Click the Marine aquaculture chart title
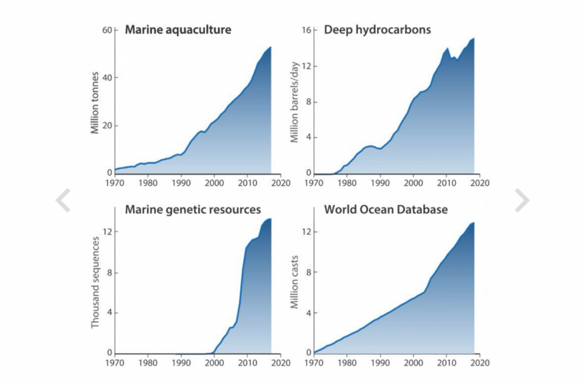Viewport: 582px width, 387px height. tap(178, 30)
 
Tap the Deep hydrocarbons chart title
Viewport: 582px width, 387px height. tap(377, 30)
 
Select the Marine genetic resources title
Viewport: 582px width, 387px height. tap(193, 210)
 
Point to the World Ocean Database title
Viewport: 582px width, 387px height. tap(385, 210)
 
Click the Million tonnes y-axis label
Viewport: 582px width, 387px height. tap(95, 103)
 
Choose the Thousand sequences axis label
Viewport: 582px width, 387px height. tap(95, 282)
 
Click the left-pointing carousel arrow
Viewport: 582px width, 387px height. tap(63, 200)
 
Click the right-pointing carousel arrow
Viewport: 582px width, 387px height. tap(521, 200)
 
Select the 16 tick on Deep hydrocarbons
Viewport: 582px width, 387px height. tap(305, 30)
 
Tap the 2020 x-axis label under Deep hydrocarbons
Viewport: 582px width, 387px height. tap(480, 184)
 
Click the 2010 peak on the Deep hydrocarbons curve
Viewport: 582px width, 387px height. tap(447, 48)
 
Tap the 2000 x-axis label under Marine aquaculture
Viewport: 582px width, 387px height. tap(214, 184)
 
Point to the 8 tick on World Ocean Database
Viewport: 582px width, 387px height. tap(308, 272)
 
